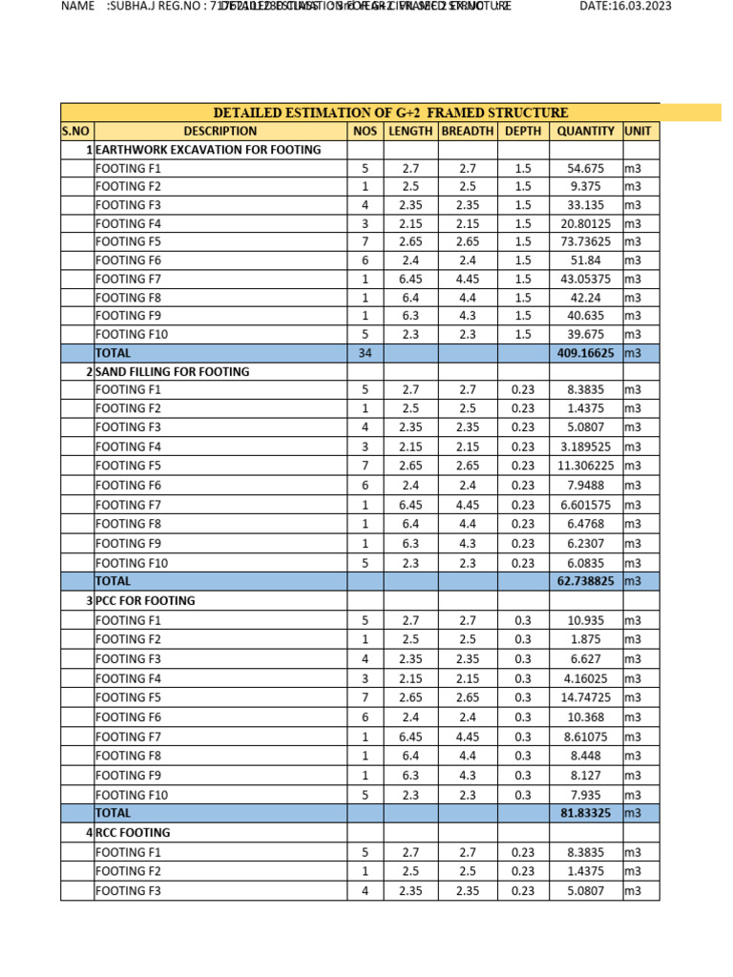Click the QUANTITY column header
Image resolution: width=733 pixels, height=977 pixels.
click(x=585, y=131)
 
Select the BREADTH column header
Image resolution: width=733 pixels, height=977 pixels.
click(x=467, y=131)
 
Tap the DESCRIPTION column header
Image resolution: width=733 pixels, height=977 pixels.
click(x=220, y=131)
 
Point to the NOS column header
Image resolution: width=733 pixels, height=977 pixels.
click(x=365, y=131)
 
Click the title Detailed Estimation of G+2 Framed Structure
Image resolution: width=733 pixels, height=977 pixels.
click(x=390, y=113)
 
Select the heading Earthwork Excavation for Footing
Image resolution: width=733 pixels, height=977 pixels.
click(x=208, y=150)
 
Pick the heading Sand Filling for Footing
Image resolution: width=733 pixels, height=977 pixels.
click(x=173, y=372)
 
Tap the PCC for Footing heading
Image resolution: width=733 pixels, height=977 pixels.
click(x=145, y=601)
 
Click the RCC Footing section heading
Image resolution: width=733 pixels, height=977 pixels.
click(x=133, y=833)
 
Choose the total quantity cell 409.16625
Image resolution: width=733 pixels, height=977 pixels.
click(x=585, y=353)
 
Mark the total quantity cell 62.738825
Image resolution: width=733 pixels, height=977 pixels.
click(x=585, y=581)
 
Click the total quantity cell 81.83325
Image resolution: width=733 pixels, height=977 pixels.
click(x=585, y=814)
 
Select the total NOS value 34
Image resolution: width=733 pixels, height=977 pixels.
click(x=365, y=353)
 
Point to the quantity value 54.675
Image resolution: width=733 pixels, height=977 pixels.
click(x=585, y=169)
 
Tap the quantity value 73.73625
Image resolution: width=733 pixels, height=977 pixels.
click(x=585, y=242)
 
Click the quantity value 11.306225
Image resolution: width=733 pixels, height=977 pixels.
click(x=585, y=466)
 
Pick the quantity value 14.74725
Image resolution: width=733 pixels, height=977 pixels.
click(x=585, y=698)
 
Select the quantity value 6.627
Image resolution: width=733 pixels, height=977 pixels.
click(x=585, y=659)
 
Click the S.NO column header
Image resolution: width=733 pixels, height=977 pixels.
click(x=77, y=131)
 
